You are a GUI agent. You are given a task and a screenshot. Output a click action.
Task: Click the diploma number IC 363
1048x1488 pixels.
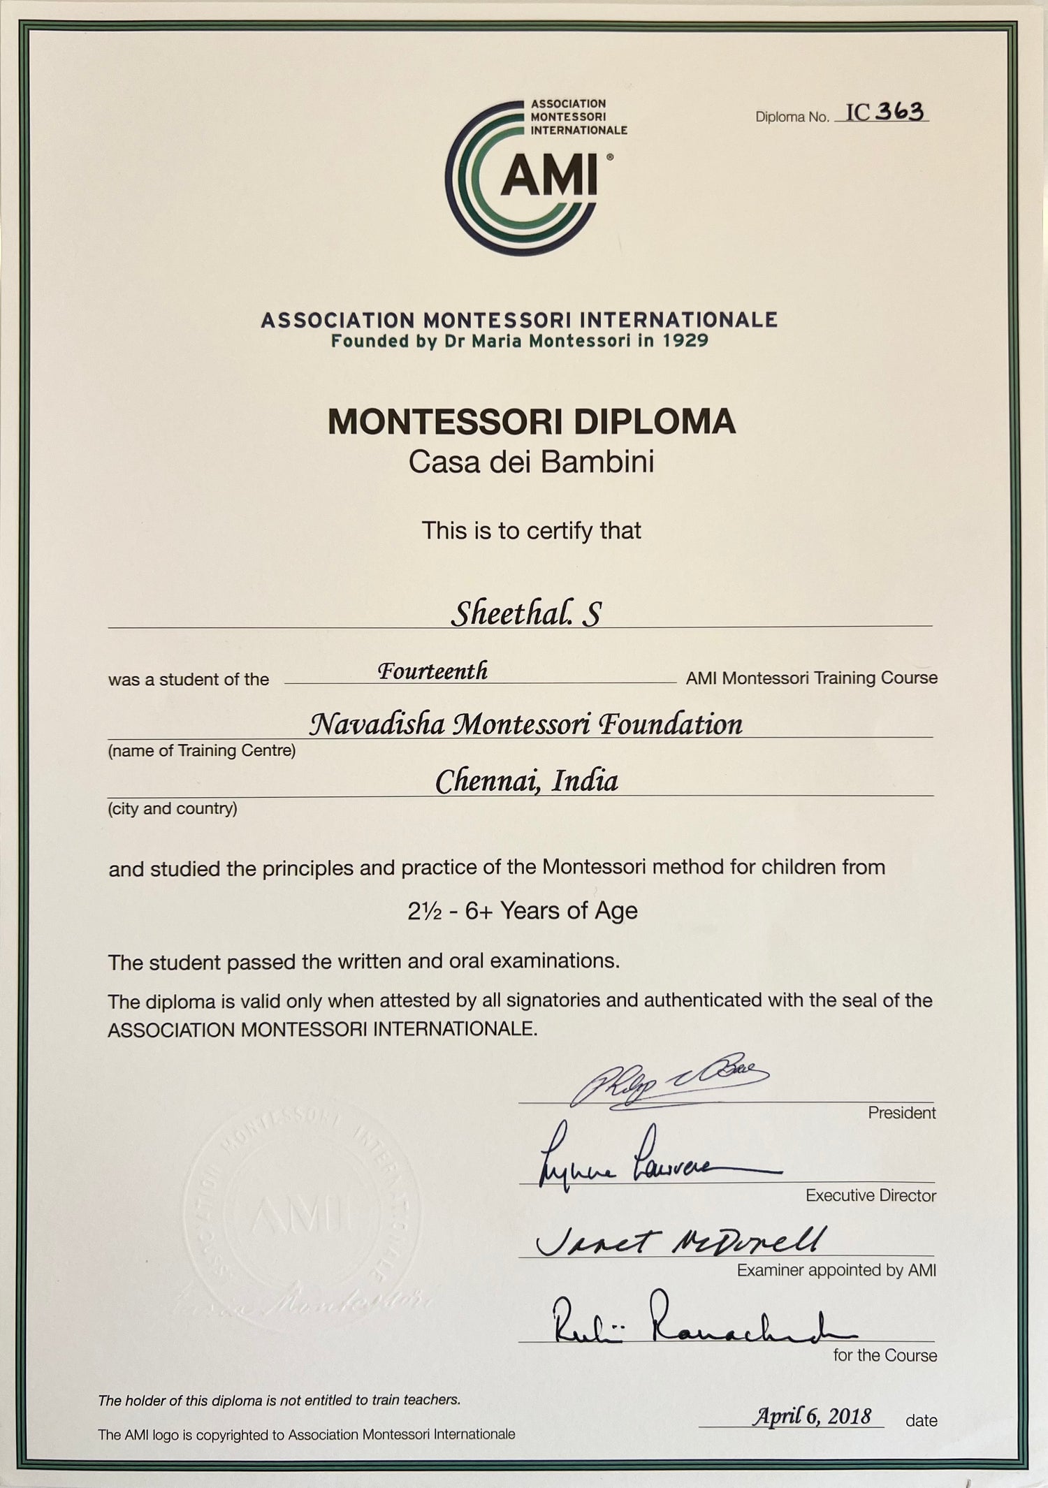point(885,112)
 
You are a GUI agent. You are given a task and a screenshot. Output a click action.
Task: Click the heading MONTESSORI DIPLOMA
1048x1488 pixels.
point(531,422)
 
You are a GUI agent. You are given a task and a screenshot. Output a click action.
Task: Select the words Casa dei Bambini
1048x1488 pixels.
point(531,462)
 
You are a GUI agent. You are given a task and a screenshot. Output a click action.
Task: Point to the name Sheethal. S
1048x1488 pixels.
point(525,613)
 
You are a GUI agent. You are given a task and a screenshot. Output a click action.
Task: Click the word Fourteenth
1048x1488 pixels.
point(432,671)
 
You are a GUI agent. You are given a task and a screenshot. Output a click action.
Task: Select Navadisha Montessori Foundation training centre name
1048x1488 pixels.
point(525,724)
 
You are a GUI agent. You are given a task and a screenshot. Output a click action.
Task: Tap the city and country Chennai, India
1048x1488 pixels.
point(527,781)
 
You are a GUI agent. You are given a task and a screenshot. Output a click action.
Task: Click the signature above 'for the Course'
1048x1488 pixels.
point(692,1320)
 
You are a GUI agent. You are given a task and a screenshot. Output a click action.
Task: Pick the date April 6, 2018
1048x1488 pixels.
point(811,1416)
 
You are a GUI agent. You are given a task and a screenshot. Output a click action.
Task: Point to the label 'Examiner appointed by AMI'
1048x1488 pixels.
point(836,1270)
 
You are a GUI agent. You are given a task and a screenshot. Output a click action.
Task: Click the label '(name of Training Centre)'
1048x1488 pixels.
point(202,750)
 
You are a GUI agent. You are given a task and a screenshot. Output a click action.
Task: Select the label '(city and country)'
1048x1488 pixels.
point(173,808)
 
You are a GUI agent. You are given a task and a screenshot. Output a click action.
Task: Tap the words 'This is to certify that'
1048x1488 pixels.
point(531,531)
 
